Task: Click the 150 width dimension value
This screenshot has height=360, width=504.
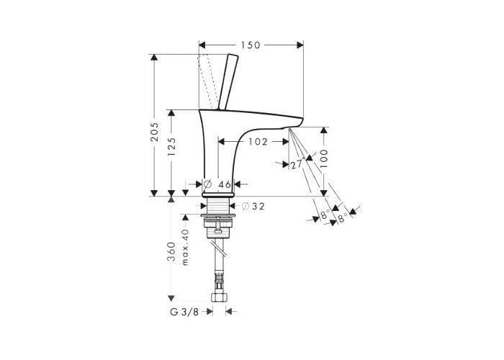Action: [x=251, y=45]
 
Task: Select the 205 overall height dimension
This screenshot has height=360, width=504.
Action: [x=155, y=132]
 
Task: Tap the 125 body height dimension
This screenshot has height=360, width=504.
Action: [x=171, y=147]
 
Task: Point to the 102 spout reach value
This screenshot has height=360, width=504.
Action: [x=258, y=142]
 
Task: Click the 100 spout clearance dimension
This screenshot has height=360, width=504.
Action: [x=324, y=158]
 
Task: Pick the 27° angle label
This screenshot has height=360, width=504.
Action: [x=297, y=165]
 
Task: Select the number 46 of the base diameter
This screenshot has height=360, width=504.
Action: [x=225, y=184]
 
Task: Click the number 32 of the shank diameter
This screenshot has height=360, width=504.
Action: [x=258, y=207]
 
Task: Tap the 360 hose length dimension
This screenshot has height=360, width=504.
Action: [x=171, y=251]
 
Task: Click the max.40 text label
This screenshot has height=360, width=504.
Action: [x=185, y=247]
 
